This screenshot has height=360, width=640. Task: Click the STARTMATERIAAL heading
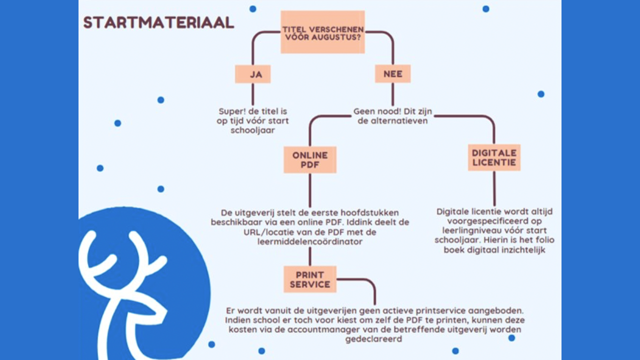click(x=158, y=22)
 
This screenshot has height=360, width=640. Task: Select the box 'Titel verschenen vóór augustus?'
click(x=322, y=32)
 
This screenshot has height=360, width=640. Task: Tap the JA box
click(x=252, y=74)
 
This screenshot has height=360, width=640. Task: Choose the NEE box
click(x=392, y=74)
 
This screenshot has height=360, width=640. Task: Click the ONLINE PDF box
click(x=309, y=160)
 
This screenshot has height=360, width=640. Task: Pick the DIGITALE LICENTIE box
click(x=494, y=157)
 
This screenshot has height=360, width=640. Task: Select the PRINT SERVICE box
click(x=309, y=279)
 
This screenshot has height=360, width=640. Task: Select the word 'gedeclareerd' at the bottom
click(x=373, y=339)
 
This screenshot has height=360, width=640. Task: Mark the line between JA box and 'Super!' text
click(x=252, y=94)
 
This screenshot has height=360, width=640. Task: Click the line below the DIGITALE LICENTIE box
click(x=494, y=188)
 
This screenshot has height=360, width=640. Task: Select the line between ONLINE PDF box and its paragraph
click(x=309, y=190)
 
